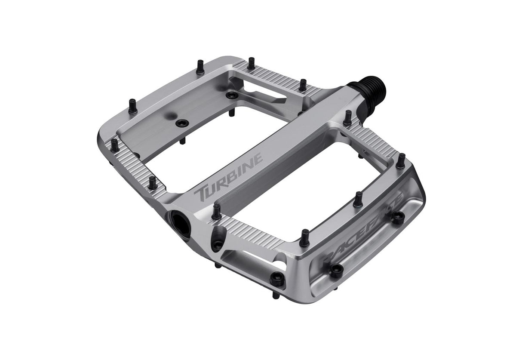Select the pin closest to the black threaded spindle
tap(347, 117)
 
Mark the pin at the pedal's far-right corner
tap(400, 160)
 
